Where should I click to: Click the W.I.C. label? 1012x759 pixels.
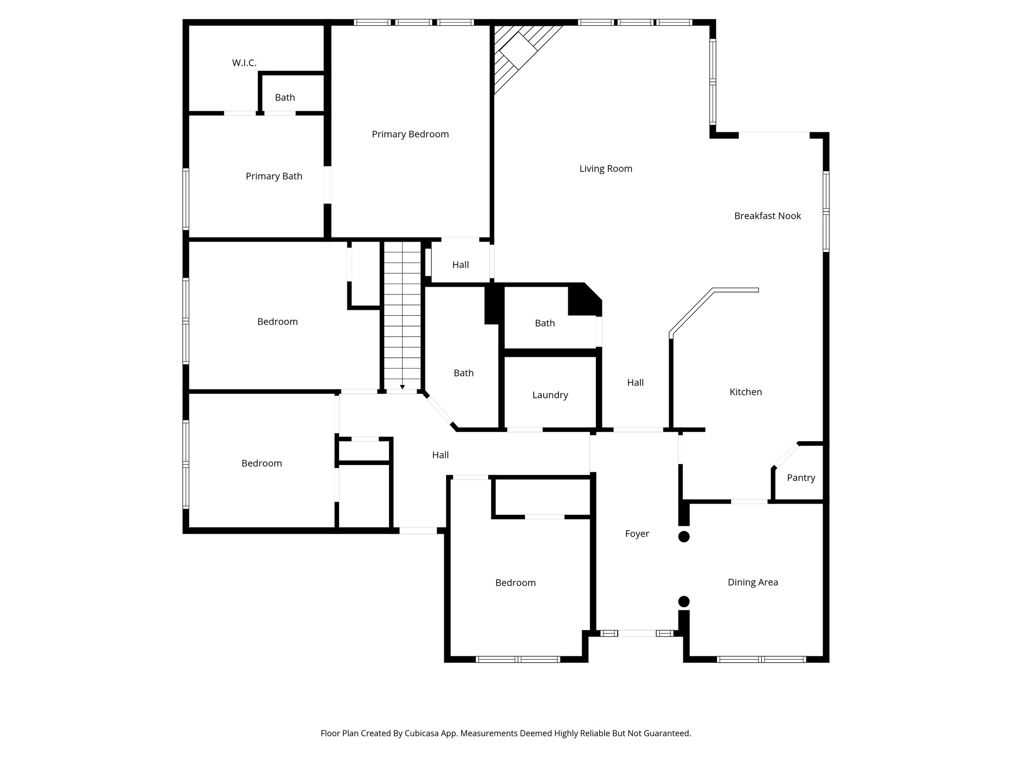point(244,63)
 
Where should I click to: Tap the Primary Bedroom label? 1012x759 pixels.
point(410,134)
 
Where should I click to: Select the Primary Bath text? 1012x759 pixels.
point(274,176)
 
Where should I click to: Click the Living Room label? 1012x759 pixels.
point(606,169)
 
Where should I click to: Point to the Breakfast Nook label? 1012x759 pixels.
point(767,216)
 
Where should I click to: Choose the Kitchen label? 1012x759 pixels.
point(746,392)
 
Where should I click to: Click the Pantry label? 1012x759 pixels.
point(801,478)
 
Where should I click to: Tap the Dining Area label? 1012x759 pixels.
point(753,583)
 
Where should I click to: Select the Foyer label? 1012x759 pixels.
point(637,534)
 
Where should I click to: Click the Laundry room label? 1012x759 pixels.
point(550,395)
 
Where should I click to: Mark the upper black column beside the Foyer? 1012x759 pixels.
point(684,537)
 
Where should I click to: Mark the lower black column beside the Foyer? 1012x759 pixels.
point(684,601)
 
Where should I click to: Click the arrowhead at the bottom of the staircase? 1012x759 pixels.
point(403,387)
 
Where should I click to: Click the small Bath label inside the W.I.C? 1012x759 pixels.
point(285,98)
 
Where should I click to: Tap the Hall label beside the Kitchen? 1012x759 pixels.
point(635,382)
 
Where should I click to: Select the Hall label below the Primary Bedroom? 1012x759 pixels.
point(461,265)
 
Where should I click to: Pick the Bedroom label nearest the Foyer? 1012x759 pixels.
point(515,583)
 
